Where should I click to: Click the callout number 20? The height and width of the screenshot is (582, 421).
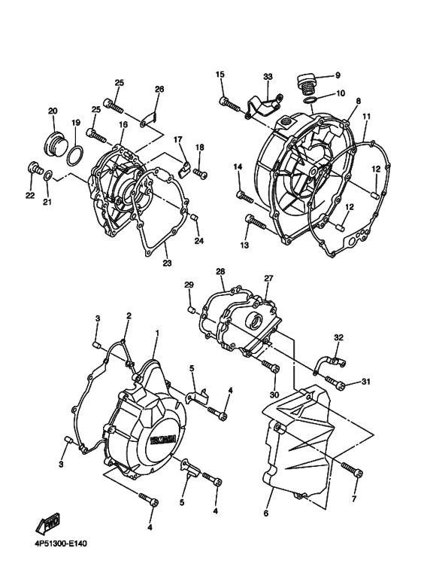point(53,111)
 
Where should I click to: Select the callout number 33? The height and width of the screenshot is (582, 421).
point(268,77)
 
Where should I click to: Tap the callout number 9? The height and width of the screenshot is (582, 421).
point(338,75)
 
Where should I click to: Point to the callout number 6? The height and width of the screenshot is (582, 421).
point(266,513)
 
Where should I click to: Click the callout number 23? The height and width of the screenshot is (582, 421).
point(167,263)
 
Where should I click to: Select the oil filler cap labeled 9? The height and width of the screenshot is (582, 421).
point(307,81)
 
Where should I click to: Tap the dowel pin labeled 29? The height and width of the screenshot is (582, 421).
point(192,309)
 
